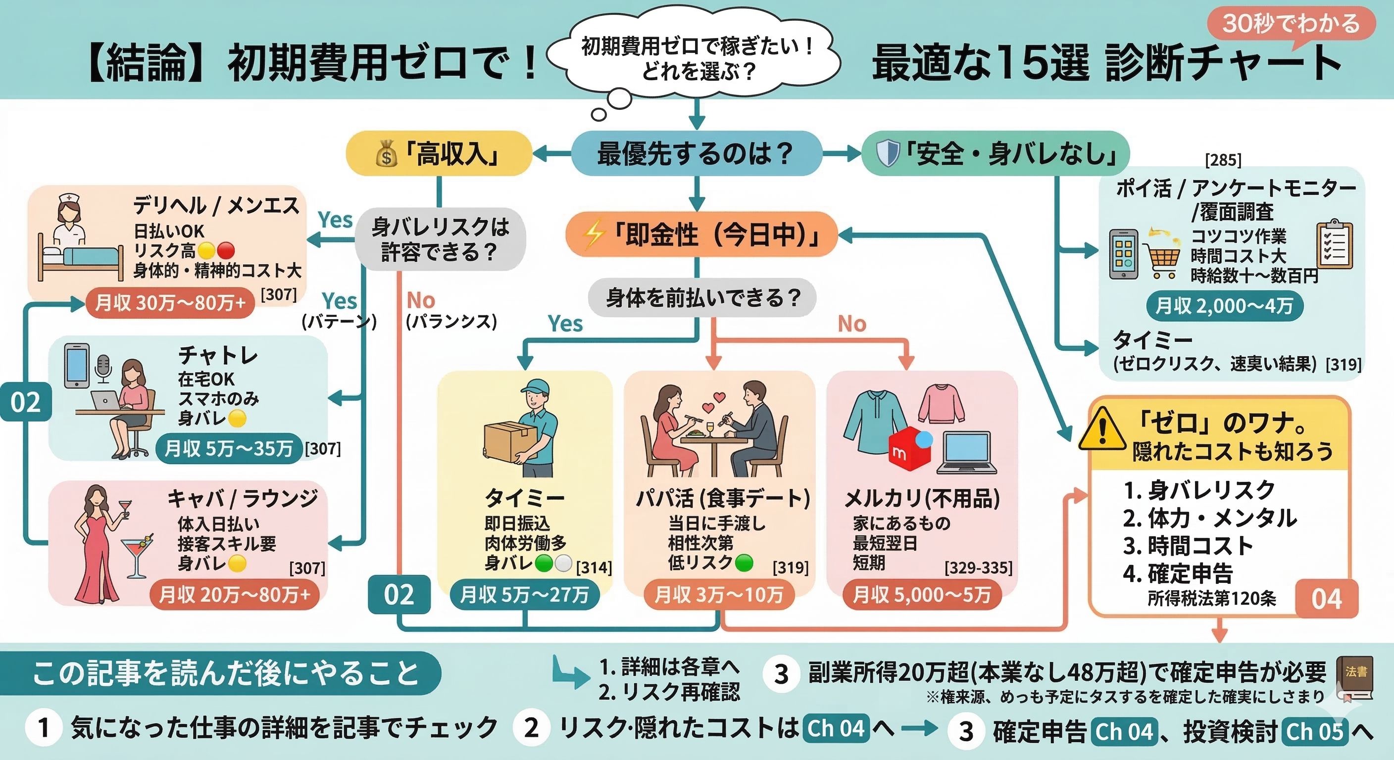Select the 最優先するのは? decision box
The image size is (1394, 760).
click(x=696, y=153)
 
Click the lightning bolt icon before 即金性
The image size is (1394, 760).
click(x=592, y=236)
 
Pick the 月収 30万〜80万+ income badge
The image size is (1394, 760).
click(x=170, y=303)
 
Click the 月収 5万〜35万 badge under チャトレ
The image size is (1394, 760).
click(x=228, y=448)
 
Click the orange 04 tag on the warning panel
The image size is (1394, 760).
click(x=1326, y=599)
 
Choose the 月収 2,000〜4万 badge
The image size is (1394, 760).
click(x=1224, y=306)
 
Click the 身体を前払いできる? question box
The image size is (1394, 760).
click(x=702, y=297)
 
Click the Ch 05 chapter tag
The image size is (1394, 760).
click(x=1314, y=731)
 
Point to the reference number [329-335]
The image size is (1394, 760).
click(x=978, y=568)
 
